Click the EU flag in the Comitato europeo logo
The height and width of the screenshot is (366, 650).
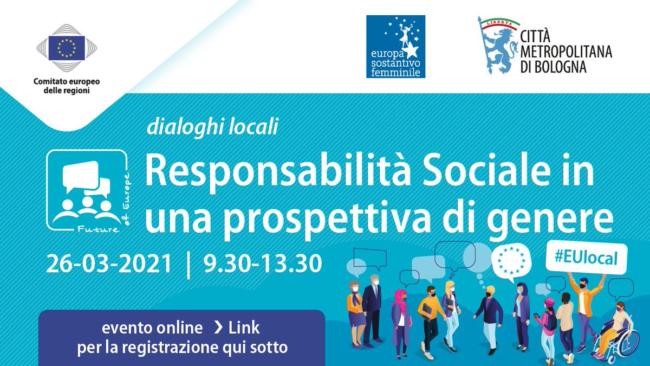click(x=67, y=48)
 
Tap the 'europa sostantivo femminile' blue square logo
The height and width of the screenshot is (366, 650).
click(x=395, y=46)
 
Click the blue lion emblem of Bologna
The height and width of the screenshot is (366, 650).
click(x=496, y=47)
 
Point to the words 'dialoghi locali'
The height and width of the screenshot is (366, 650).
click(x=212, y=127)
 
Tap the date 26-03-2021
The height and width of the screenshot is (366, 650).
click(x=109, y=264)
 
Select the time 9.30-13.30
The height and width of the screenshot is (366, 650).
click(x=262, y=264)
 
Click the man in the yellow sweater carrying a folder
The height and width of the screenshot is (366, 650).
click(x=428, y=317)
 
